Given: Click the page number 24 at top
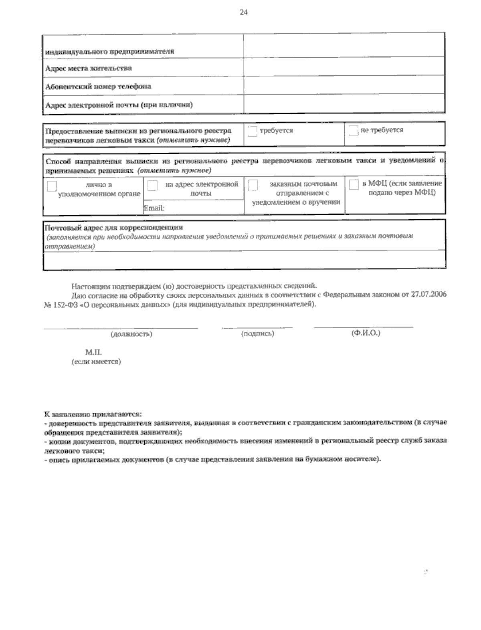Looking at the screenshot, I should (244, 12).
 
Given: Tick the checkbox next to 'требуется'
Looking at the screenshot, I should (252, 131).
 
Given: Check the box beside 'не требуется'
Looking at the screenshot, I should (353, 131).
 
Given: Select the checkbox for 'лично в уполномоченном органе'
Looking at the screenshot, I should (52, 186).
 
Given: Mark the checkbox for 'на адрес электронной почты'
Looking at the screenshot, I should (152, 186).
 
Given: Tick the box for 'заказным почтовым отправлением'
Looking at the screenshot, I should (253, 185).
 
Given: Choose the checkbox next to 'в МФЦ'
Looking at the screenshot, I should (354, 185).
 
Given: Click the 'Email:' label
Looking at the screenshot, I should (154, 208).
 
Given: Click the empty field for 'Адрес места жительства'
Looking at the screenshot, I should (344, 67).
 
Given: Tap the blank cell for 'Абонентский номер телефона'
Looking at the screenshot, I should (344, 85).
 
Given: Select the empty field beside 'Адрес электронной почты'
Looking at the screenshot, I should (344, 104).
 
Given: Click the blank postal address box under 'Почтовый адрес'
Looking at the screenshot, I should (244, 259).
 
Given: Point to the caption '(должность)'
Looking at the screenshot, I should (131, 334).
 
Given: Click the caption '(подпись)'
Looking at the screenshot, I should (257, 334).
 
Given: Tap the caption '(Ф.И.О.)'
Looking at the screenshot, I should (366, 333).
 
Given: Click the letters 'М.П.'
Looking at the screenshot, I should (93, 352).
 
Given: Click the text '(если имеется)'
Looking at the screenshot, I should (96, 362).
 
